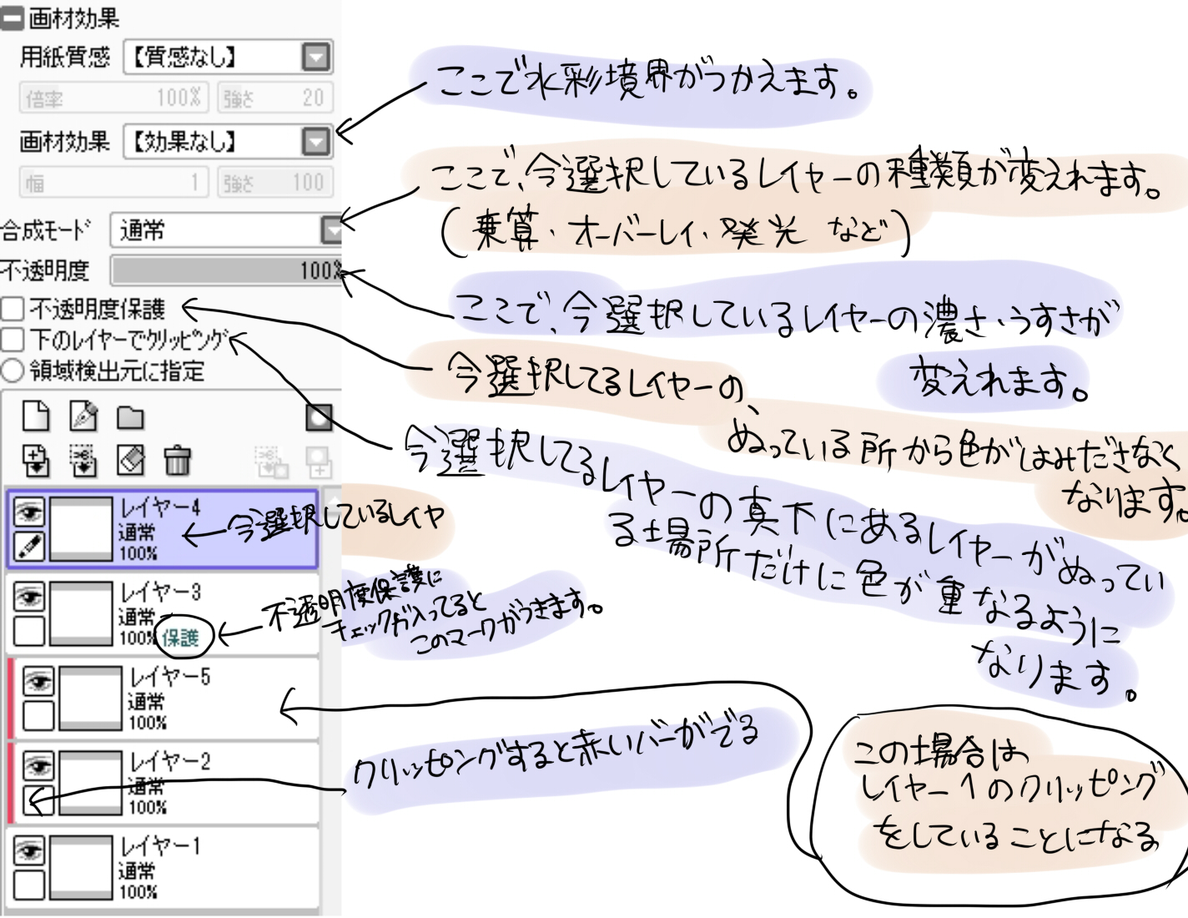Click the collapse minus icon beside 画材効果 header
click(x=12, y=18)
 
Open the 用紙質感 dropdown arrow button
click(x=316, y=57)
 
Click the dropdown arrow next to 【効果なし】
click(x=316, y=141)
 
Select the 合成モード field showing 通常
click(x=217, y=229)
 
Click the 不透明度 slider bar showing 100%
click(x=225, y=270)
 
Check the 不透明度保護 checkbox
click(x=12, y=310)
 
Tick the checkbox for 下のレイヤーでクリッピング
click(x=12, y=340)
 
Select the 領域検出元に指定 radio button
click(x=12, y=371)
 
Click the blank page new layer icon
click(x=36, y=416)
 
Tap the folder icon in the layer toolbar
click(x=130, y=416)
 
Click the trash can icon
click(x=177, y=460)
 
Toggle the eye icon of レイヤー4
click(x=29, y=512)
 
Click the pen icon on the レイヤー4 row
click(x=29, y=547)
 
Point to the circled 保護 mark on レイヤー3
click(x=181, y=638)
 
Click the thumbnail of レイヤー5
click(x=90, y=698)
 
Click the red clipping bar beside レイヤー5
click(x=12, y=698)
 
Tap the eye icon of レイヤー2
click(x=38, y=765)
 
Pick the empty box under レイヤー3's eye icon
click(x=29, y=632)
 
